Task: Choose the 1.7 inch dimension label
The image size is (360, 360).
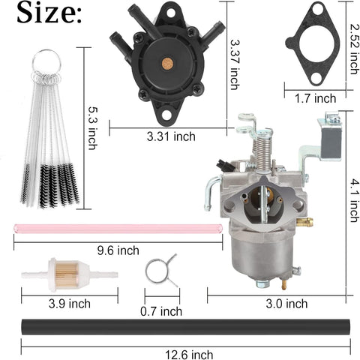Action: click(315, 97)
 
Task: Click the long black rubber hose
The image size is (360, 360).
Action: click(180, 327)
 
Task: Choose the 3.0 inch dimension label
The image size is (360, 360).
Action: click(286, 304)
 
